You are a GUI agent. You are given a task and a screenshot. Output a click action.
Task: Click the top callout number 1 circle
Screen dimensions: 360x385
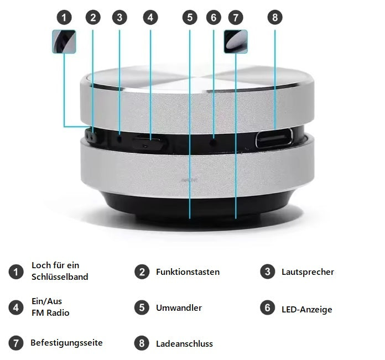[65, 18]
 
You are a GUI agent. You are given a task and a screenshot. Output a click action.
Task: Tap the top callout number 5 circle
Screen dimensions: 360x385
[190, 18]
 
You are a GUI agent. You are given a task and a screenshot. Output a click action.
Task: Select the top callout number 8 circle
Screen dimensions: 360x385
[274, 18]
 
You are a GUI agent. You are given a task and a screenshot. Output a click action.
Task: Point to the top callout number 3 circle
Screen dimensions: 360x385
[119, 18]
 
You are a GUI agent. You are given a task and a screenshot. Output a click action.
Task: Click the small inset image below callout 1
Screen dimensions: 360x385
[64, 41]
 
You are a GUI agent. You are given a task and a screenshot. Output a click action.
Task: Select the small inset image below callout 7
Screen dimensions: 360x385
[236, 41]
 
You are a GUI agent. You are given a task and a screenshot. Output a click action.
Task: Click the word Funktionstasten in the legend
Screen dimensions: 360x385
[188, 272]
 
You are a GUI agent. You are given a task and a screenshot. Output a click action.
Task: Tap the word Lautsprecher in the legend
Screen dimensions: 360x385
[308, 272]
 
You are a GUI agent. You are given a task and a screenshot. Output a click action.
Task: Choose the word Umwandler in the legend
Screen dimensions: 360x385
[179, 307]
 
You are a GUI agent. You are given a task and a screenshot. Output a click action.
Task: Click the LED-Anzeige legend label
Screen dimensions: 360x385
[306, 309]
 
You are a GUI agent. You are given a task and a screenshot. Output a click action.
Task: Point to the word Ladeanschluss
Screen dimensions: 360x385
[184, 343]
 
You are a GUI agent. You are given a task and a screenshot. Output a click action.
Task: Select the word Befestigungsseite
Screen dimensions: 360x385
[66, 343]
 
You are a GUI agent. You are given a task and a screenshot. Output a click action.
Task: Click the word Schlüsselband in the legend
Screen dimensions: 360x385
[60, 276]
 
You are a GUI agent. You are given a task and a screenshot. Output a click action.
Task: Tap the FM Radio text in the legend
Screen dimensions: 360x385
[50, 312]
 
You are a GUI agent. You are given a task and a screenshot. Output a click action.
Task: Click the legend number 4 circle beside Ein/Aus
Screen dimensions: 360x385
[16, 307]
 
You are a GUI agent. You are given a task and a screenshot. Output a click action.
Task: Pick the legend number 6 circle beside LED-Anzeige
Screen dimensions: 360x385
[268, 307]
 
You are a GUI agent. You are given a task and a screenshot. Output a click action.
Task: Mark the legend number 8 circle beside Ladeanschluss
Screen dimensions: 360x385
[142, 343]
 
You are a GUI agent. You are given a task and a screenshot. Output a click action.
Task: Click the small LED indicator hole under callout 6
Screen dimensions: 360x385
[214, 142]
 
